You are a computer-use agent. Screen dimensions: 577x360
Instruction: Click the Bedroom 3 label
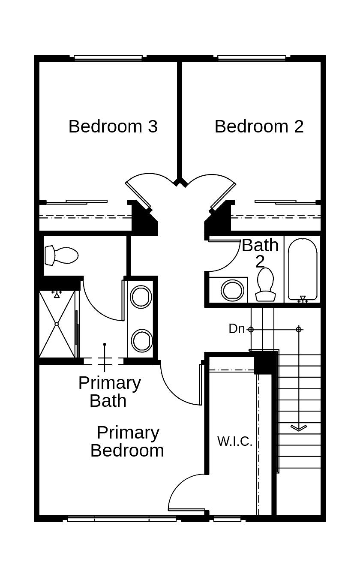[113, 126]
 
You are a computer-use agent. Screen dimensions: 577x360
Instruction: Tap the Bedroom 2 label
[259, 126]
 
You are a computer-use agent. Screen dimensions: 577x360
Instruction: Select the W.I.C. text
[234, 441]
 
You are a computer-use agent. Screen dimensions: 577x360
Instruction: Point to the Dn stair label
[237, 329]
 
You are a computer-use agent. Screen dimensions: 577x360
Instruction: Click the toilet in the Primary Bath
[62, 255]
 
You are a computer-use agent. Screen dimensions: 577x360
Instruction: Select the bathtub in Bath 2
[303, 269]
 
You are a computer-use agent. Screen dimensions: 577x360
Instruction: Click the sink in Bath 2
[233, 290]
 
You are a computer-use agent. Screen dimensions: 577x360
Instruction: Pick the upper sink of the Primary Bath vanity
[141, 297]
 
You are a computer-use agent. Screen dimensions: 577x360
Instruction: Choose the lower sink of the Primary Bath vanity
[141, 340]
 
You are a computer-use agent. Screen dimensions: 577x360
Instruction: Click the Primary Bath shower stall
[57, 324]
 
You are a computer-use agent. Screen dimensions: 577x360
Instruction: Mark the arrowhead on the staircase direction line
[299, 427]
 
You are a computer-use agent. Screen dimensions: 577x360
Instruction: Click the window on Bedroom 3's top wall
[108, 58]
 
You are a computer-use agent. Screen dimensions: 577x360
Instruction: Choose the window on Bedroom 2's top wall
[252, 58]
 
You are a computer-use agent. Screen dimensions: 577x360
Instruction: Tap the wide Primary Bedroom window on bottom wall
[122, 519]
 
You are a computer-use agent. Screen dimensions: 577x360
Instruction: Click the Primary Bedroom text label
[127, 442]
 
